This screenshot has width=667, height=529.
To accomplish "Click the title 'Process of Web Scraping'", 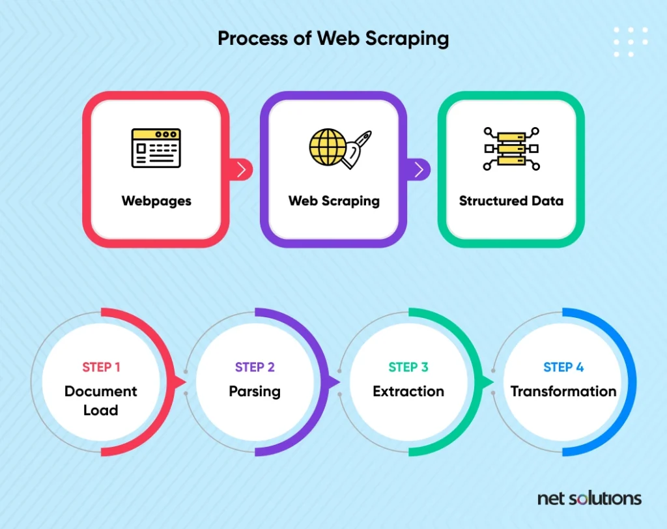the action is click(x=333, y=38).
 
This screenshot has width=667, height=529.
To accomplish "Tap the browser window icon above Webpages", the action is click(x=156, y=148).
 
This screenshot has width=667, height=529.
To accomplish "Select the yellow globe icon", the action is click(x=328, y=147).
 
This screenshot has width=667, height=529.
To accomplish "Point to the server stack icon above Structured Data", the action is click(x=511, y=149).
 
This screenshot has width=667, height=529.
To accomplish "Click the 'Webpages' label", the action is click(x=156, y=201).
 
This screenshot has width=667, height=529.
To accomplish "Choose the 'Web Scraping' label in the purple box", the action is click(x=334, y=201).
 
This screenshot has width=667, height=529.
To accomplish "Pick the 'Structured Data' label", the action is click(x=511, y=201).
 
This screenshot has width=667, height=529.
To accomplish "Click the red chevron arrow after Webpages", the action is click(x=242, y=169).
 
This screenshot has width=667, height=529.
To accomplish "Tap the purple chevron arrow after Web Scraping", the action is click(x=419, y=169).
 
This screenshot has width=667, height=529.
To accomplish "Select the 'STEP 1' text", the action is click(x=101, y=367).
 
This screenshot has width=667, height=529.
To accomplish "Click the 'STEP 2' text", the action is click(x=255, y=367).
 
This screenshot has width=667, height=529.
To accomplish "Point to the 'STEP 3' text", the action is click(x=408, y=367).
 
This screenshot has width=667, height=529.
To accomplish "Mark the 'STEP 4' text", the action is click(x=563, y=367).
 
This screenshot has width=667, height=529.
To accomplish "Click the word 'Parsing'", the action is click(x=255, y=392).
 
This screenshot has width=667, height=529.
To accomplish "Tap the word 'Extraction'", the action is click(x=408, y=391).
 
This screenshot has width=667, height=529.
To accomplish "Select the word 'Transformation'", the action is click(x=563, y=391).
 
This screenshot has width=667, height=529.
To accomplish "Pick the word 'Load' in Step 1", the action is click(x=101, y=410).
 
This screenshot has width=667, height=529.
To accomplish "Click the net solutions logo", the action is click(x=589, y=498).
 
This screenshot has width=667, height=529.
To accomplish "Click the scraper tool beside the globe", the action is click(x=356, y=149).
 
